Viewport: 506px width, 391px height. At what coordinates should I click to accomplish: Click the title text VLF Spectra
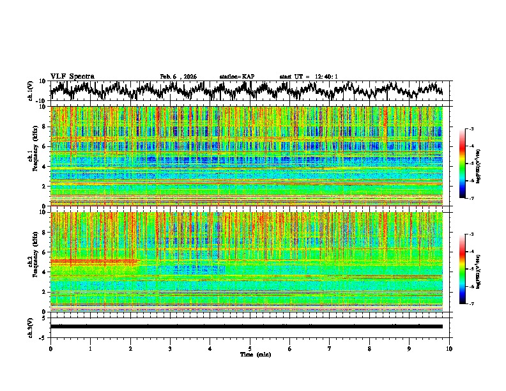72,76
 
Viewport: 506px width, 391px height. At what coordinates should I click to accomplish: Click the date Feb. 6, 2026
178,77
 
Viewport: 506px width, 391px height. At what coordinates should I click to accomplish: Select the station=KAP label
236,77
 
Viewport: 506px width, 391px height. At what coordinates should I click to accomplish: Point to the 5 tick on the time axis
250,348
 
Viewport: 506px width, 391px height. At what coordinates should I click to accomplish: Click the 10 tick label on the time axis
449,348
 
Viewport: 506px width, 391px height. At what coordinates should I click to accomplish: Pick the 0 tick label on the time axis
50,348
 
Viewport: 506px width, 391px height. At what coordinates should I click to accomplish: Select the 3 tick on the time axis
170,348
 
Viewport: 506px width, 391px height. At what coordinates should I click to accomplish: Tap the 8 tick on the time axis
369,348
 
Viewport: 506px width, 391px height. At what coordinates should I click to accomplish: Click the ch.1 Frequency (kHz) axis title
32,156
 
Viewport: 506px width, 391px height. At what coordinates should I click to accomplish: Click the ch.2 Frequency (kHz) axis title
32,262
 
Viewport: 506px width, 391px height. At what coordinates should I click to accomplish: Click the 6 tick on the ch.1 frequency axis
44,146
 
